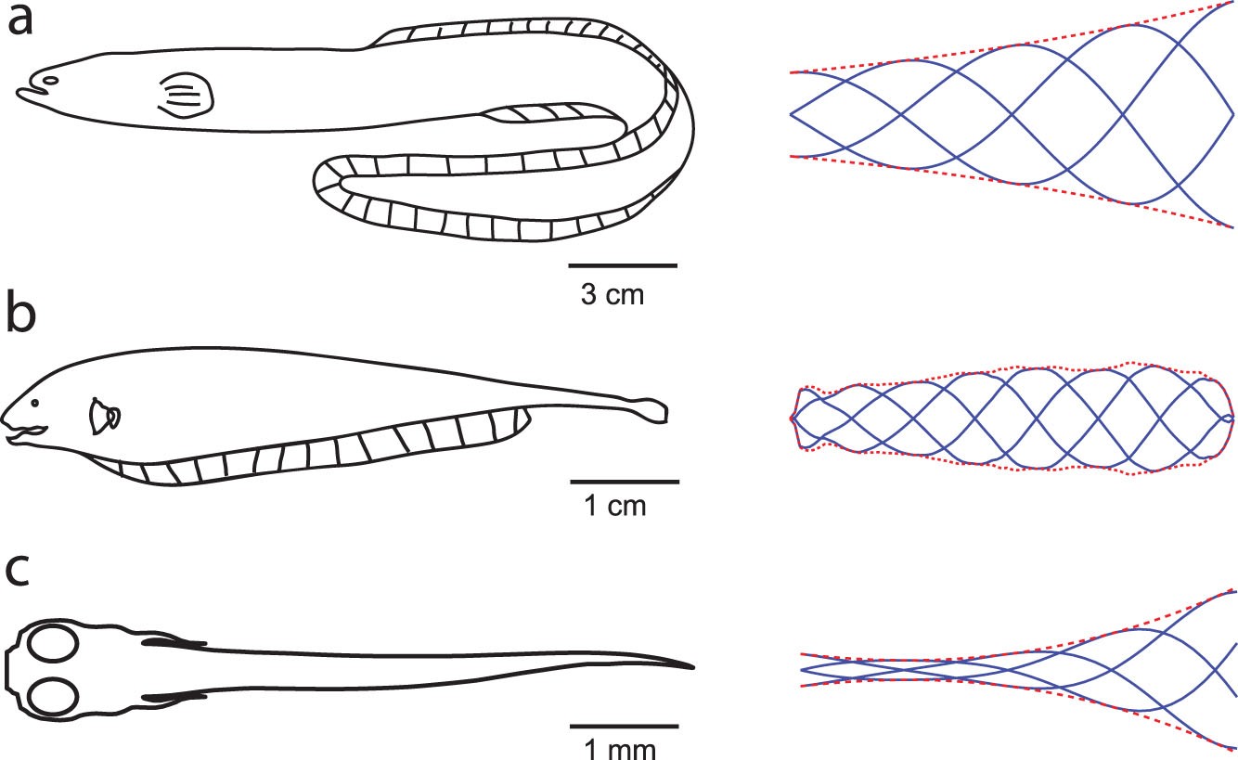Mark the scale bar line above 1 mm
[623, 725]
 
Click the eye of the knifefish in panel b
[34, 405]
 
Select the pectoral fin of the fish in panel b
[103, 418]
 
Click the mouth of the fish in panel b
[23, 432]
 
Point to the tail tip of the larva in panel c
[691, 666]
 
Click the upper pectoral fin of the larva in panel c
[173, 641]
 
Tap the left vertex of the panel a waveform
[792, 115]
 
